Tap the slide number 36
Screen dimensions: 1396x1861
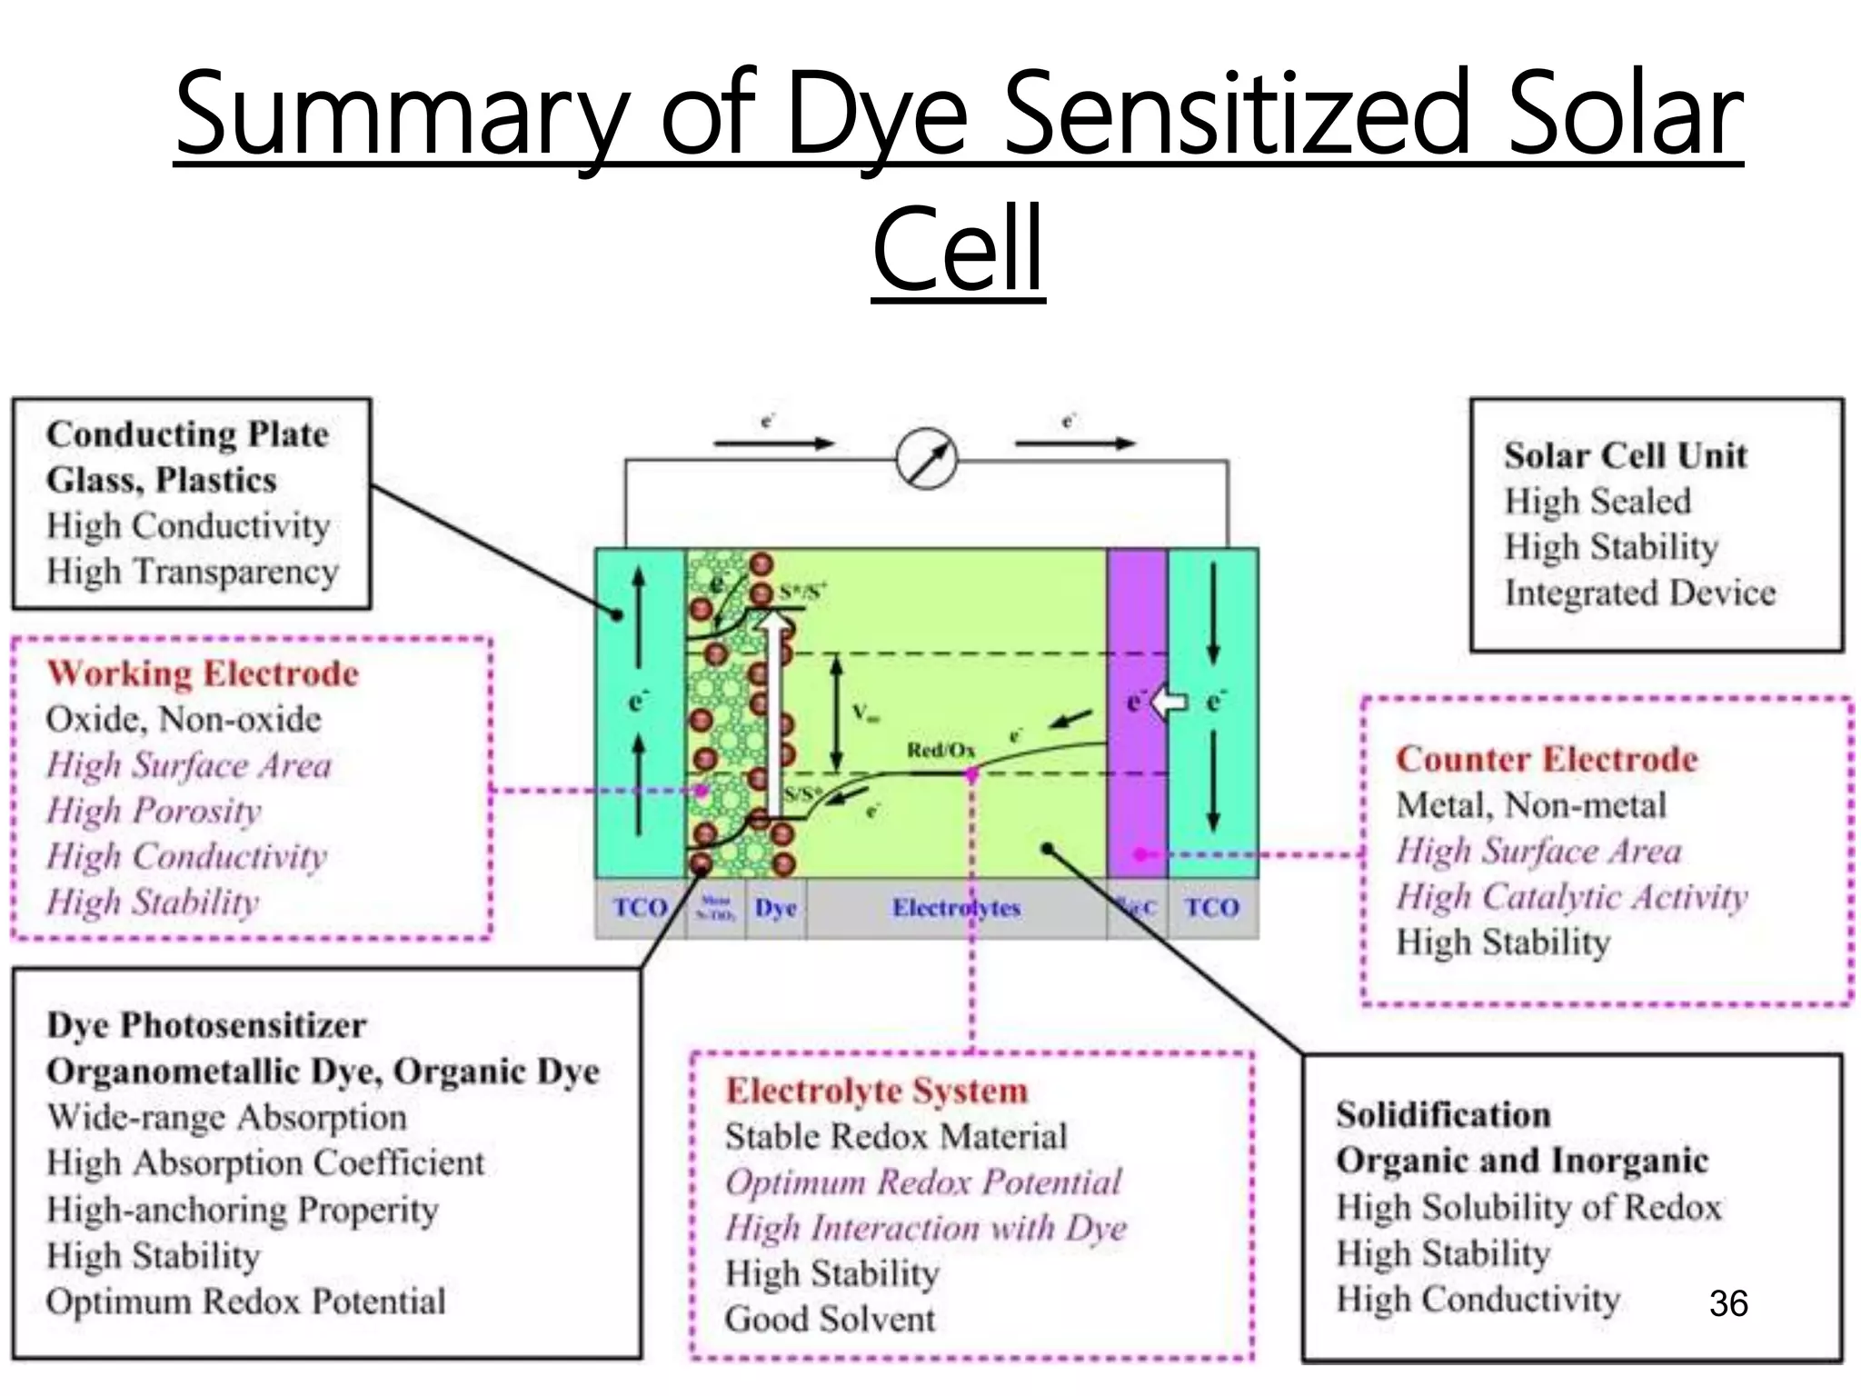point(1727,1303)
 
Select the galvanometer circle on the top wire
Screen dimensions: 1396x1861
point(926,459)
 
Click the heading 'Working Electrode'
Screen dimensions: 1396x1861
point(203,673)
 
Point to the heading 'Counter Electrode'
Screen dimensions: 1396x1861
point(1547,759)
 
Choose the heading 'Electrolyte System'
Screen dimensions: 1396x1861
point(876,1091)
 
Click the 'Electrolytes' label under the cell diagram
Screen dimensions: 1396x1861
point(956,907)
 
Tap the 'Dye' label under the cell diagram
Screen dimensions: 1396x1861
point(775,907)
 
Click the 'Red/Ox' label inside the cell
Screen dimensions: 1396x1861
point(940,750)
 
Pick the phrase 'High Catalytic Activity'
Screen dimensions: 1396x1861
point(1571,897)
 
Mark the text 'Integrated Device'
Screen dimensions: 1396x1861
point(1639,593)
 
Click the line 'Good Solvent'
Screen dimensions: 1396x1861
point(829,1319)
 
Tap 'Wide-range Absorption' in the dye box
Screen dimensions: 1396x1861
point(226,1117)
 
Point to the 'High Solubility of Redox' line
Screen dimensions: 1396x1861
point(1528,1207)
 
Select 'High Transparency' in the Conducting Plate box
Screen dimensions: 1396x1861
point(193,572)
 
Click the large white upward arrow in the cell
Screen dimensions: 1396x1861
point(774,709)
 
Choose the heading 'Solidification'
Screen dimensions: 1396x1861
point(1443,1114)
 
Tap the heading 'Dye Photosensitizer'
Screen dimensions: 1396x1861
point(206,1025)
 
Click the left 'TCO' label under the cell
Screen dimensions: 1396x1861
point(640,907)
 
